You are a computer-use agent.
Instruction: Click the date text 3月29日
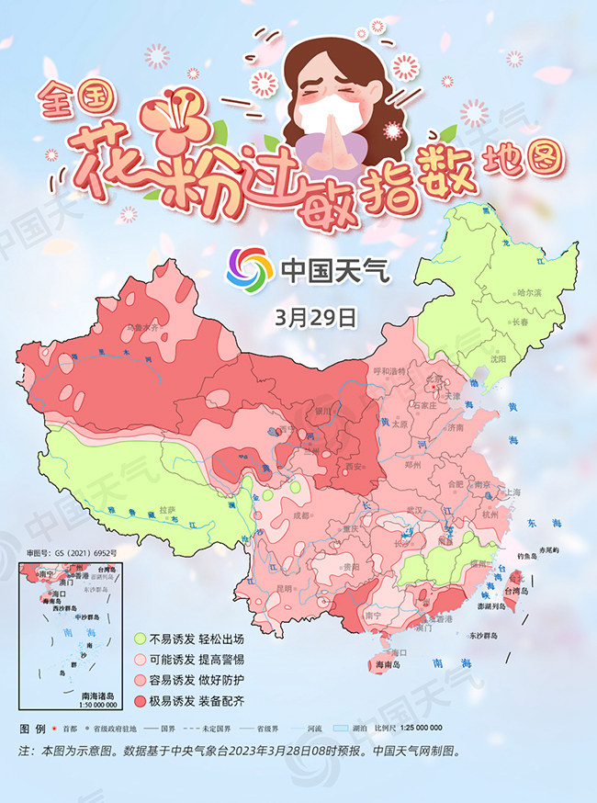(x=314, y=318)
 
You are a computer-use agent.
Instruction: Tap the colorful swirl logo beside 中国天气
(x=251, y=268)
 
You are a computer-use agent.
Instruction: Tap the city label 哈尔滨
(x=530, y=292)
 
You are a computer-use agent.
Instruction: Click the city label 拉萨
(x=166, y=509)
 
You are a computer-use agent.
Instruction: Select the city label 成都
(x=302, y=516)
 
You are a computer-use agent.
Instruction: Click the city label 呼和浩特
(x=389, y=371)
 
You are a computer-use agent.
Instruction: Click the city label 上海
(x=512, y=492)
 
